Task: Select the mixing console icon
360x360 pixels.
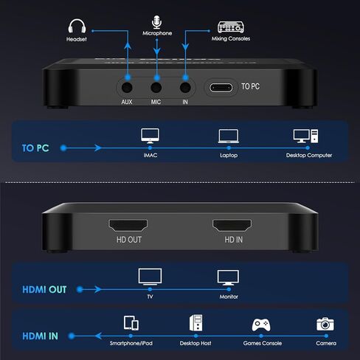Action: [229, 25]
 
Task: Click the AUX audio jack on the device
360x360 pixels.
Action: [128, 85]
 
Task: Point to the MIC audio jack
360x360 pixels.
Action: [157, 85]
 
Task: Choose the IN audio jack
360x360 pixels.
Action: [184, 85]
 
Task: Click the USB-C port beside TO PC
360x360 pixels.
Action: [221, 86]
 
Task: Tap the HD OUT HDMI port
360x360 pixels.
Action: [129, 224]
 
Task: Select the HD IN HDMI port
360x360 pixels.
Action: [234, 224]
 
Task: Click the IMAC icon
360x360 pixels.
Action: [150, 136]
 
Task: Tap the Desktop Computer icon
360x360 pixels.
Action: [305, 136]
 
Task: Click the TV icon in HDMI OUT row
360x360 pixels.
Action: [149, 277]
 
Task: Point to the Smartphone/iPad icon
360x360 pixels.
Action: [132, 323]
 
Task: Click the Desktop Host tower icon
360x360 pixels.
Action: [196, 323]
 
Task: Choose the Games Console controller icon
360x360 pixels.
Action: [261, 324]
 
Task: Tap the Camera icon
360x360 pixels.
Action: [325, 324]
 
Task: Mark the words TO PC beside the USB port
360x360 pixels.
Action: [252, 86]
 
